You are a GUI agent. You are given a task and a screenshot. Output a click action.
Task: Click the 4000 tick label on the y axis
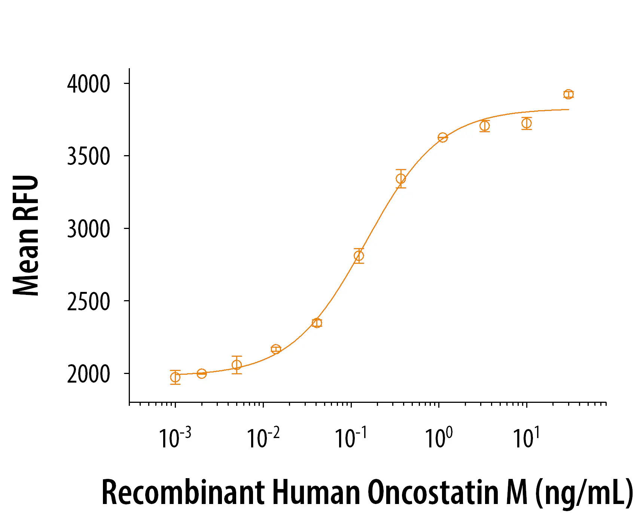coord(89,84)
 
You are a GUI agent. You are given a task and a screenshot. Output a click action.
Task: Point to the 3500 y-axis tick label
coord(89,156)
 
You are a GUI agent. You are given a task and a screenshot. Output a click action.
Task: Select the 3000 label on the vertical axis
coord(89,229)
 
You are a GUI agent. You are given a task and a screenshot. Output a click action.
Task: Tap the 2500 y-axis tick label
coord(89,301)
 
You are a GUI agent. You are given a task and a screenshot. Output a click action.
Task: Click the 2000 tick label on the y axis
coord(89,374)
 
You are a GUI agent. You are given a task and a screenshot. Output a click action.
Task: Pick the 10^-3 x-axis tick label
coord(175,438)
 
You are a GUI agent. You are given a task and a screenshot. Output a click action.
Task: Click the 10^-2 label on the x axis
coord(263,438)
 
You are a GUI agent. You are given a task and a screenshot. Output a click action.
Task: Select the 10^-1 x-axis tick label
coord(351,438)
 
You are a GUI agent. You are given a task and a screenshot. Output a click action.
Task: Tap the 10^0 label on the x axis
coord(439,438)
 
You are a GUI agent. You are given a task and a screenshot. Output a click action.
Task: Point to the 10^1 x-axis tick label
coord(526,438)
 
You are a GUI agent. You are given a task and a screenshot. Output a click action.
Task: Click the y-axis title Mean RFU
coord(26,235)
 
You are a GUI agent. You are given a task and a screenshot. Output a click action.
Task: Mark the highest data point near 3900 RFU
coord(569,94)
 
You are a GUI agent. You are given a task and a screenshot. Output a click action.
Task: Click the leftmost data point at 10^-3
coord(175,377)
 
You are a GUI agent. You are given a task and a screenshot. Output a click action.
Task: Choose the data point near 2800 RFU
coord(359,256)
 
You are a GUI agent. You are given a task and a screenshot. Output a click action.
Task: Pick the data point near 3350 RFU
coord(401,179)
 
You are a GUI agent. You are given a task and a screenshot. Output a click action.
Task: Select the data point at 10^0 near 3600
coord(443,138)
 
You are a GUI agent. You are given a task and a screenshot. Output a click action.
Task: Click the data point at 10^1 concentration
coord(527,123)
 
